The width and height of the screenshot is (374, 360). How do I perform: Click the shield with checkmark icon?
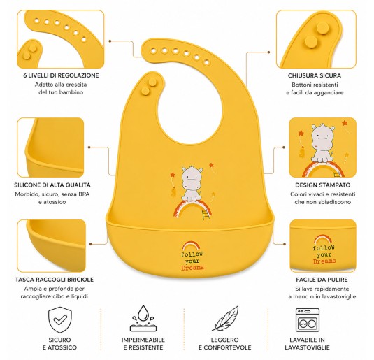click(60, 320)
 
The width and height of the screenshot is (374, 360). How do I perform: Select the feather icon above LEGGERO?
click(225, 318)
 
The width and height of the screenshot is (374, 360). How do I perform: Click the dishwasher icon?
click(308, 320)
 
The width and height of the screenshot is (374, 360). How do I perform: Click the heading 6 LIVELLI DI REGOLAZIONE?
click(61, 75)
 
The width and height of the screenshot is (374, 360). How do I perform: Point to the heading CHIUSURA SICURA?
click(315, 75)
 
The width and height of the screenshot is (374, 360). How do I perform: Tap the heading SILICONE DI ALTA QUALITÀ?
click(52, 185)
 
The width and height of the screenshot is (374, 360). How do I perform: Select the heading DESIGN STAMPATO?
click(322, 185)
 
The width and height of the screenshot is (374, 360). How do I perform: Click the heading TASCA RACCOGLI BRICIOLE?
click(55, 280)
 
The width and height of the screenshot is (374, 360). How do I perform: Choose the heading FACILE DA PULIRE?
click(322, 280)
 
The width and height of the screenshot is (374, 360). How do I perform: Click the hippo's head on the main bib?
click(192, 176)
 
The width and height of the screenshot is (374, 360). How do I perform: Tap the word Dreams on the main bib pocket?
click(192, 268)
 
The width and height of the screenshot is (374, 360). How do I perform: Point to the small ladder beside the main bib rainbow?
click(206, 214)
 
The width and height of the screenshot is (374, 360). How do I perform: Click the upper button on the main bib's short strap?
click(152, 82)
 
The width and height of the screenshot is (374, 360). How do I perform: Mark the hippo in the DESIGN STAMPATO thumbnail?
click(322, 143)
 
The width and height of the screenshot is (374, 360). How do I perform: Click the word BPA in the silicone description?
click(84, 194)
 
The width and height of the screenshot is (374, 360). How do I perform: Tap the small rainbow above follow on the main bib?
click(191, 245)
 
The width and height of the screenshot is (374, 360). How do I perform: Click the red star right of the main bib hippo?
click(211, 164)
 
